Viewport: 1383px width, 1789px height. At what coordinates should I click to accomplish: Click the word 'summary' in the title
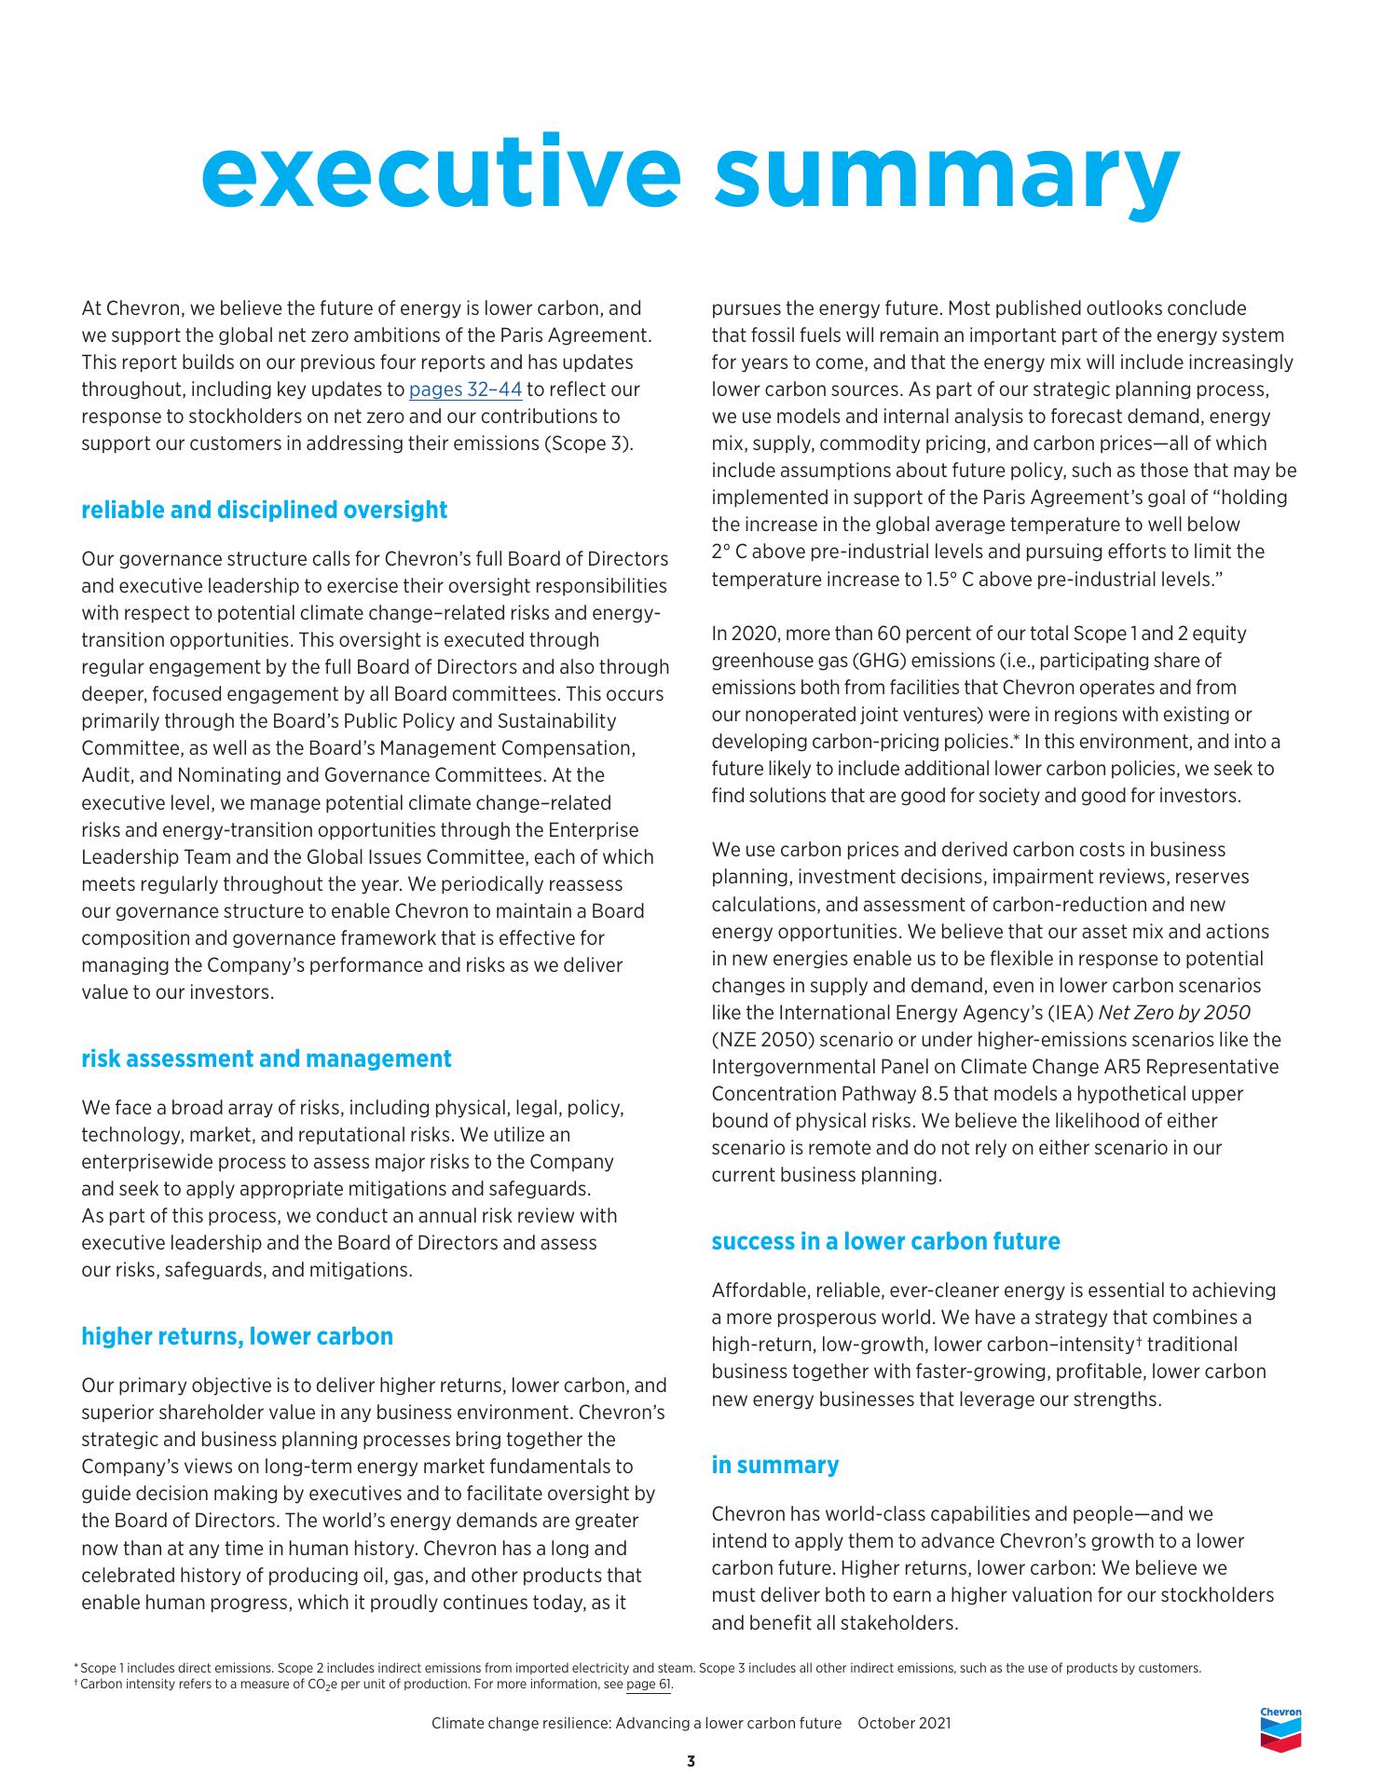point(947,173)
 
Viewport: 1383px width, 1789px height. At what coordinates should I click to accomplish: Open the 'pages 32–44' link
point(465,389)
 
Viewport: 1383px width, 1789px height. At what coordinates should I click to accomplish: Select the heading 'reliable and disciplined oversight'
point(264,510)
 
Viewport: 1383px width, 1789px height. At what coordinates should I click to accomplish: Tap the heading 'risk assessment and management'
point(266,1058)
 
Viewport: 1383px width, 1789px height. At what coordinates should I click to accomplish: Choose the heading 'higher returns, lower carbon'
point(237,1336)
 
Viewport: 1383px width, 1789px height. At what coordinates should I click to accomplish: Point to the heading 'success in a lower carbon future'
point(885,1241)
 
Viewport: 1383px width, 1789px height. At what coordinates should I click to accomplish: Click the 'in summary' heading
point(774,1465)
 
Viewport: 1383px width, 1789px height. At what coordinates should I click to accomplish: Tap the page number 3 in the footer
point(691,1762)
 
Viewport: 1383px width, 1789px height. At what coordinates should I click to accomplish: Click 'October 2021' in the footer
point(904,1723)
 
